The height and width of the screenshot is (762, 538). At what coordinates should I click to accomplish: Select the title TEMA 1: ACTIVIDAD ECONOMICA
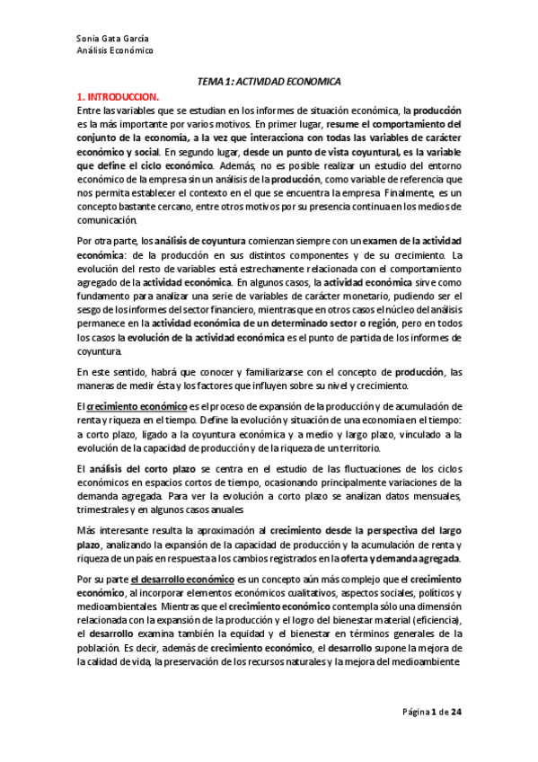[269, 80]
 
